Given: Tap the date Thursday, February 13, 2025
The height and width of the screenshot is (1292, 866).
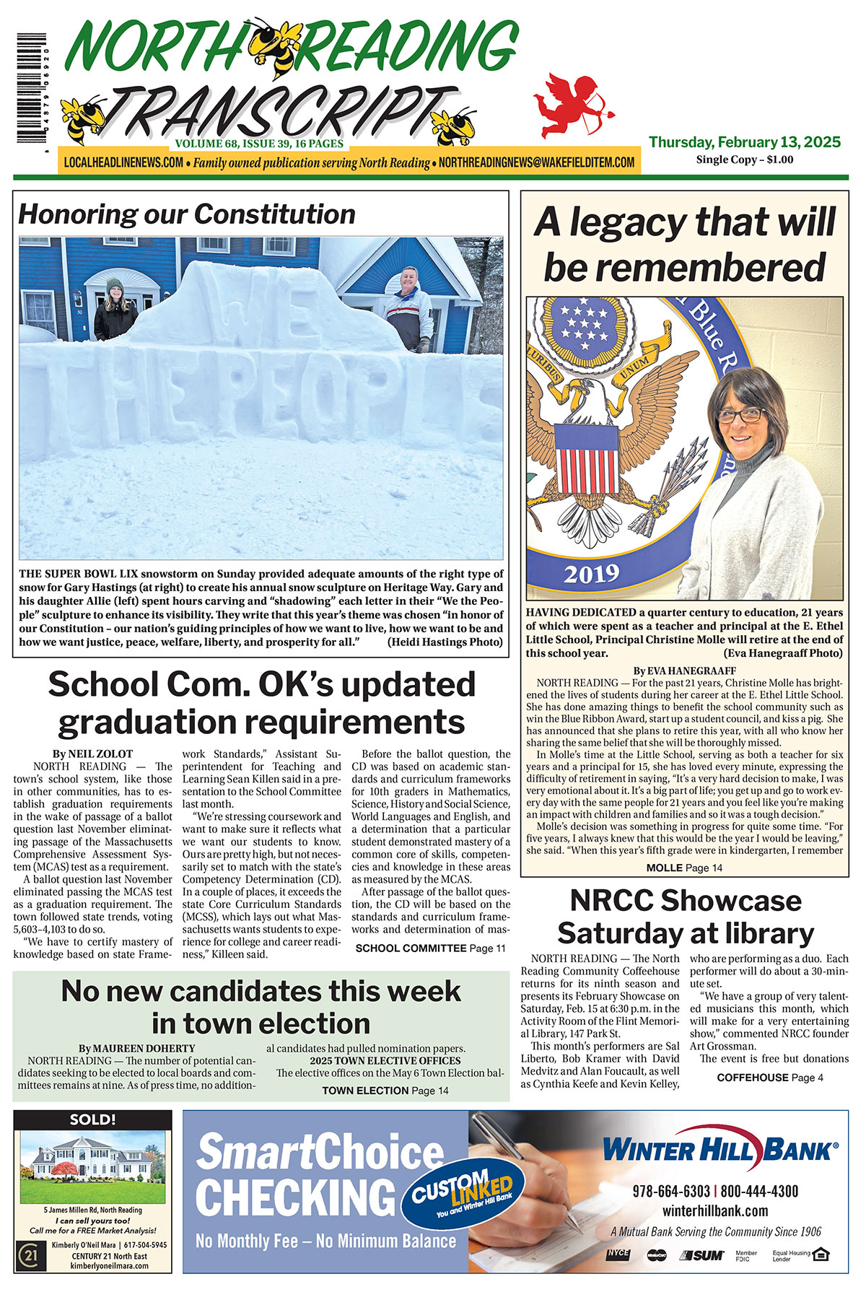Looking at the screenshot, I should pos(744,142).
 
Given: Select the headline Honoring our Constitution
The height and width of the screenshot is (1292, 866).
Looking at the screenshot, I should pos(187,214).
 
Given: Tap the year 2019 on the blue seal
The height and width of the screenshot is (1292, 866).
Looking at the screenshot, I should pos(591,575).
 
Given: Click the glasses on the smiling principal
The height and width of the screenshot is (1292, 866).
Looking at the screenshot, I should pos(740,416).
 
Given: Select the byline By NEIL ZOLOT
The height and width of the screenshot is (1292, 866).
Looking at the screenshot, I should pos(92,754).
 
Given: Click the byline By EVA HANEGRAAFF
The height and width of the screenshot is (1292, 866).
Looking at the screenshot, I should pos(684,671).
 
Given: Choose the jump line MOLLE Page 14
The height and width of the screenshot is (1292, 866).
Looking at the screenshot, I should pos(683,868).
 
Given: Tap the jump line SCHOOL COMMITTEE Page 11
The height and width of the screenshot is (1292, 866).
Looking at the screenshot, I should pos(430,948).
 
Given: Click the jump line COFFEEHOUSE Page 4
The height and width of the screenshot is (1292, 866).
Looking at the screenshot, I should pos(769,1078).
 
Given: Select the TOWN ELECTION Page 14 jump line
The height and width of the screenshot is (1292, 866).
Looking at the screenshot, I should pos(385,1091).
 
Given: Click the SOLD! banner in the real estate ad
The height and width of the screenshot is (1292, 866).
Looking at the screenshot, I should pos(93,1119).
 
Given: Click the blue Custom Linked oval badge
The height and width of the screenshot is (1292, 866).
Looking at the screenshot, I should pos(462,1192).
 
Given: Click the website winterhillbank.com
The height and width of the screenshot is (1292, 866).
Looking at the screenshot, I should pos(714,1211).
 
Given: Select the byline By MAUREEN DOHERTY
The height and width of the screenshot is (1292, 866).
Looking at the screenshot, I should pos(137,1048).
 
